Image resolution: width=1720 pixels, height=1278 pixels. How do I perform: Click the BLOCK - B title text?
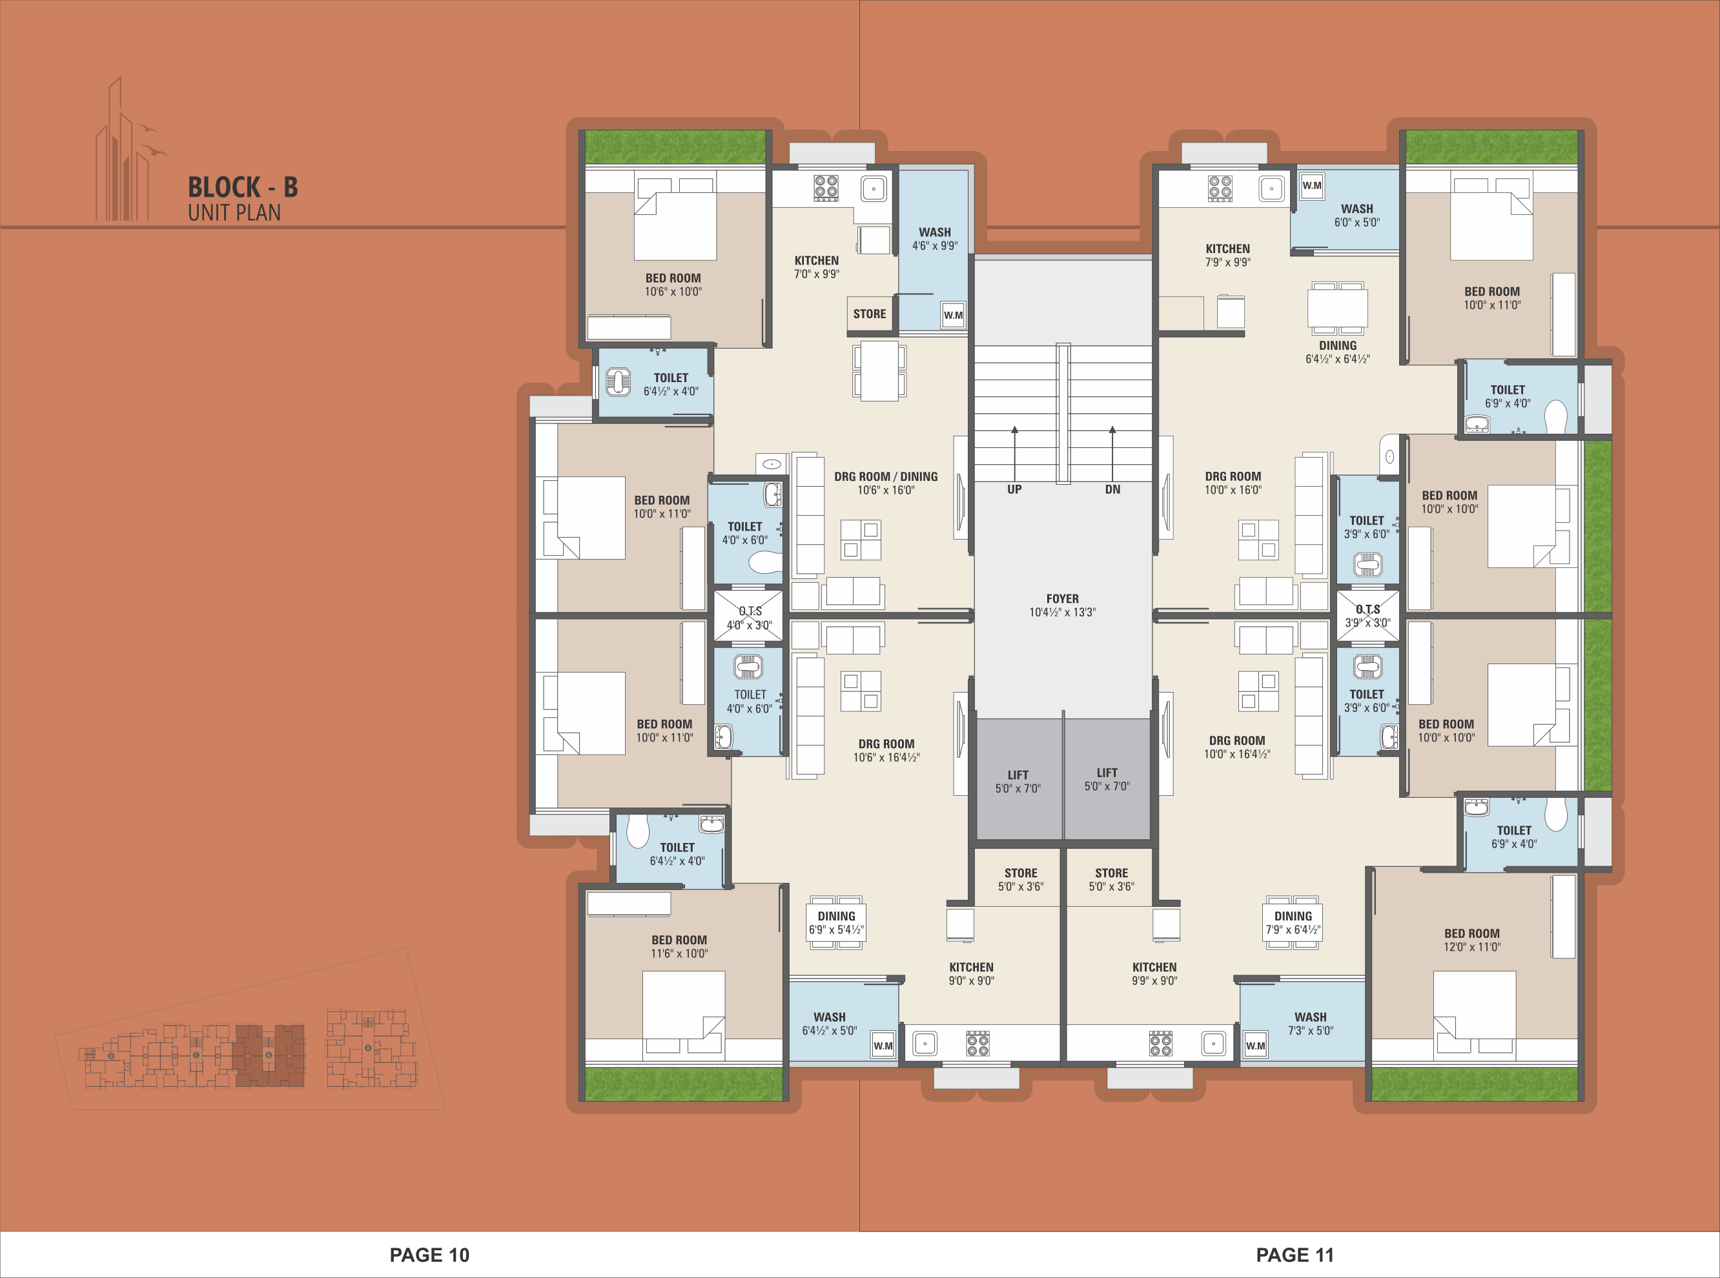(243, 187)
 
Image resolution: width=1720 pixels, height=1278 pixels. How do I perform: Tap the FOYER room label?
(1062, 599)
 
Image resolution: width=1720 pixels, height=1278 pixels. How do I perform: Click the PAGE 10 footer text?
(429, 1255)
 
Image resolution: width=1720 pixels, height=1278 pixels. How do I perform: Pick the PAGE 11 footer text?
(1295, 1255)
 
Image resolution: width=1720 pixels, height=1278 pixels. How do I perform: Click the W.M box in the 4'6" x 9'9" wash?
(953, 315)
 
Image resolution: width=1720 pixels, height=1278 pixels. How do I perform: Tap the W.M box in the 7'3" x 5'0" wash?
(1256, 1046)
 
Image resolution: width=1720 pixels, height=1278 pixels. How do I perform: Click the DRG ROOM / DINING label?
(886, 476)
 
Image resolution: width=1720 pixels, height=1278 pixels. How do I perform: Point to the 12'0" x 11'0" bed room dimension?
(1471, 947)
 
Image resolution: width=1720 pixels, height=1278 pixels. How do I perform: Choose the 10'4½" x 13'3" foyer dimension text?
(1062, 613)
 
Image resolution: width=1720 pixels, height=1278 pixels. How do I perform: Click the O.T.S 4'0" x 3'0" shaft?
(748, 616)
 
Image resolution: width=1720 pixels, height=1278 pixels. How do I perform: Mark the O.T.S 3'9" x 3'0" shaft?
(1368, 616)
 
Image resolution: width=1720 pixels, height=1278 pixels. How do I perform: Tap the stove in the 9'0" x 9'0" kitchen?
(978, 1044)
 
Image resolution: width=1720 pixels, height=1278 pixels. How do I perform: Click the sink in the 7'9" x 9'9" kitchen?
(1271, 188)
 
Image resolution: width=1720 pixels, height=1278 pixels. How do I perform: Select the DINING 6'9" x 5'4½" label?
(836, 923)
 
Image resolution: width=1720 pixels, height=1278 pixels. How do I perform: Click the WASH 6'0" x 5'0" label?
(1357, 215)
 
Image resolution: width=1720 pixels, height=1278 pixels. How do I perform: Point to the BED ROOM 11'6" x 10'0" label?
(679, 947)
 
